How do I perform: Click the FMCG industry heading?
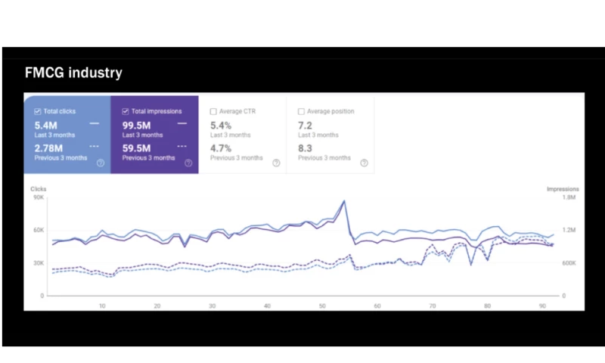[73, 73]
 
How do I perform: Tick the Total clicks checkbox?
[38, 111]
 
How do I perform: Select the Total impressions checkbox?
[126, 111]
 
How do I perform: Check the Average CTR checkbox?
[213, 111]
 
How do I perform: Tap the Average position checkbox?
[301, 111]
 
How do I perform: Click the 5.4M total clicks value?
[46, 124]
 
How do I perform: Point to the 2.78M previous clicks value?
[49, 148]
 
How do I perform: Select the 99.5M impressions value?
[138, 124]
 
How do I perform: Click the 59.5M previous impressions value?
[138, 148]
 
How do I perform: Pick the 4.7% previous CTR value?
[221, 148]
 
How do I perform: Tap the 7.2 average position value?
[305, 124]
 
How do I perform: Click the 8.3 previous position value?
[305, 148]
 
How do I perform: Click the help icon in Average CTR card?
[276, 162]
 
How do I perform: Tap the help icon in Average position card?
[364, 162]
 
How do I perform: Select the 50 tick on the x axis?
[322, 306]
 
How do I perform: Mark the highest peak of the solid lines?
[344, 201]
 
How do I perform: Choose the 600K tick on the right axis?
[569, 263]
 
